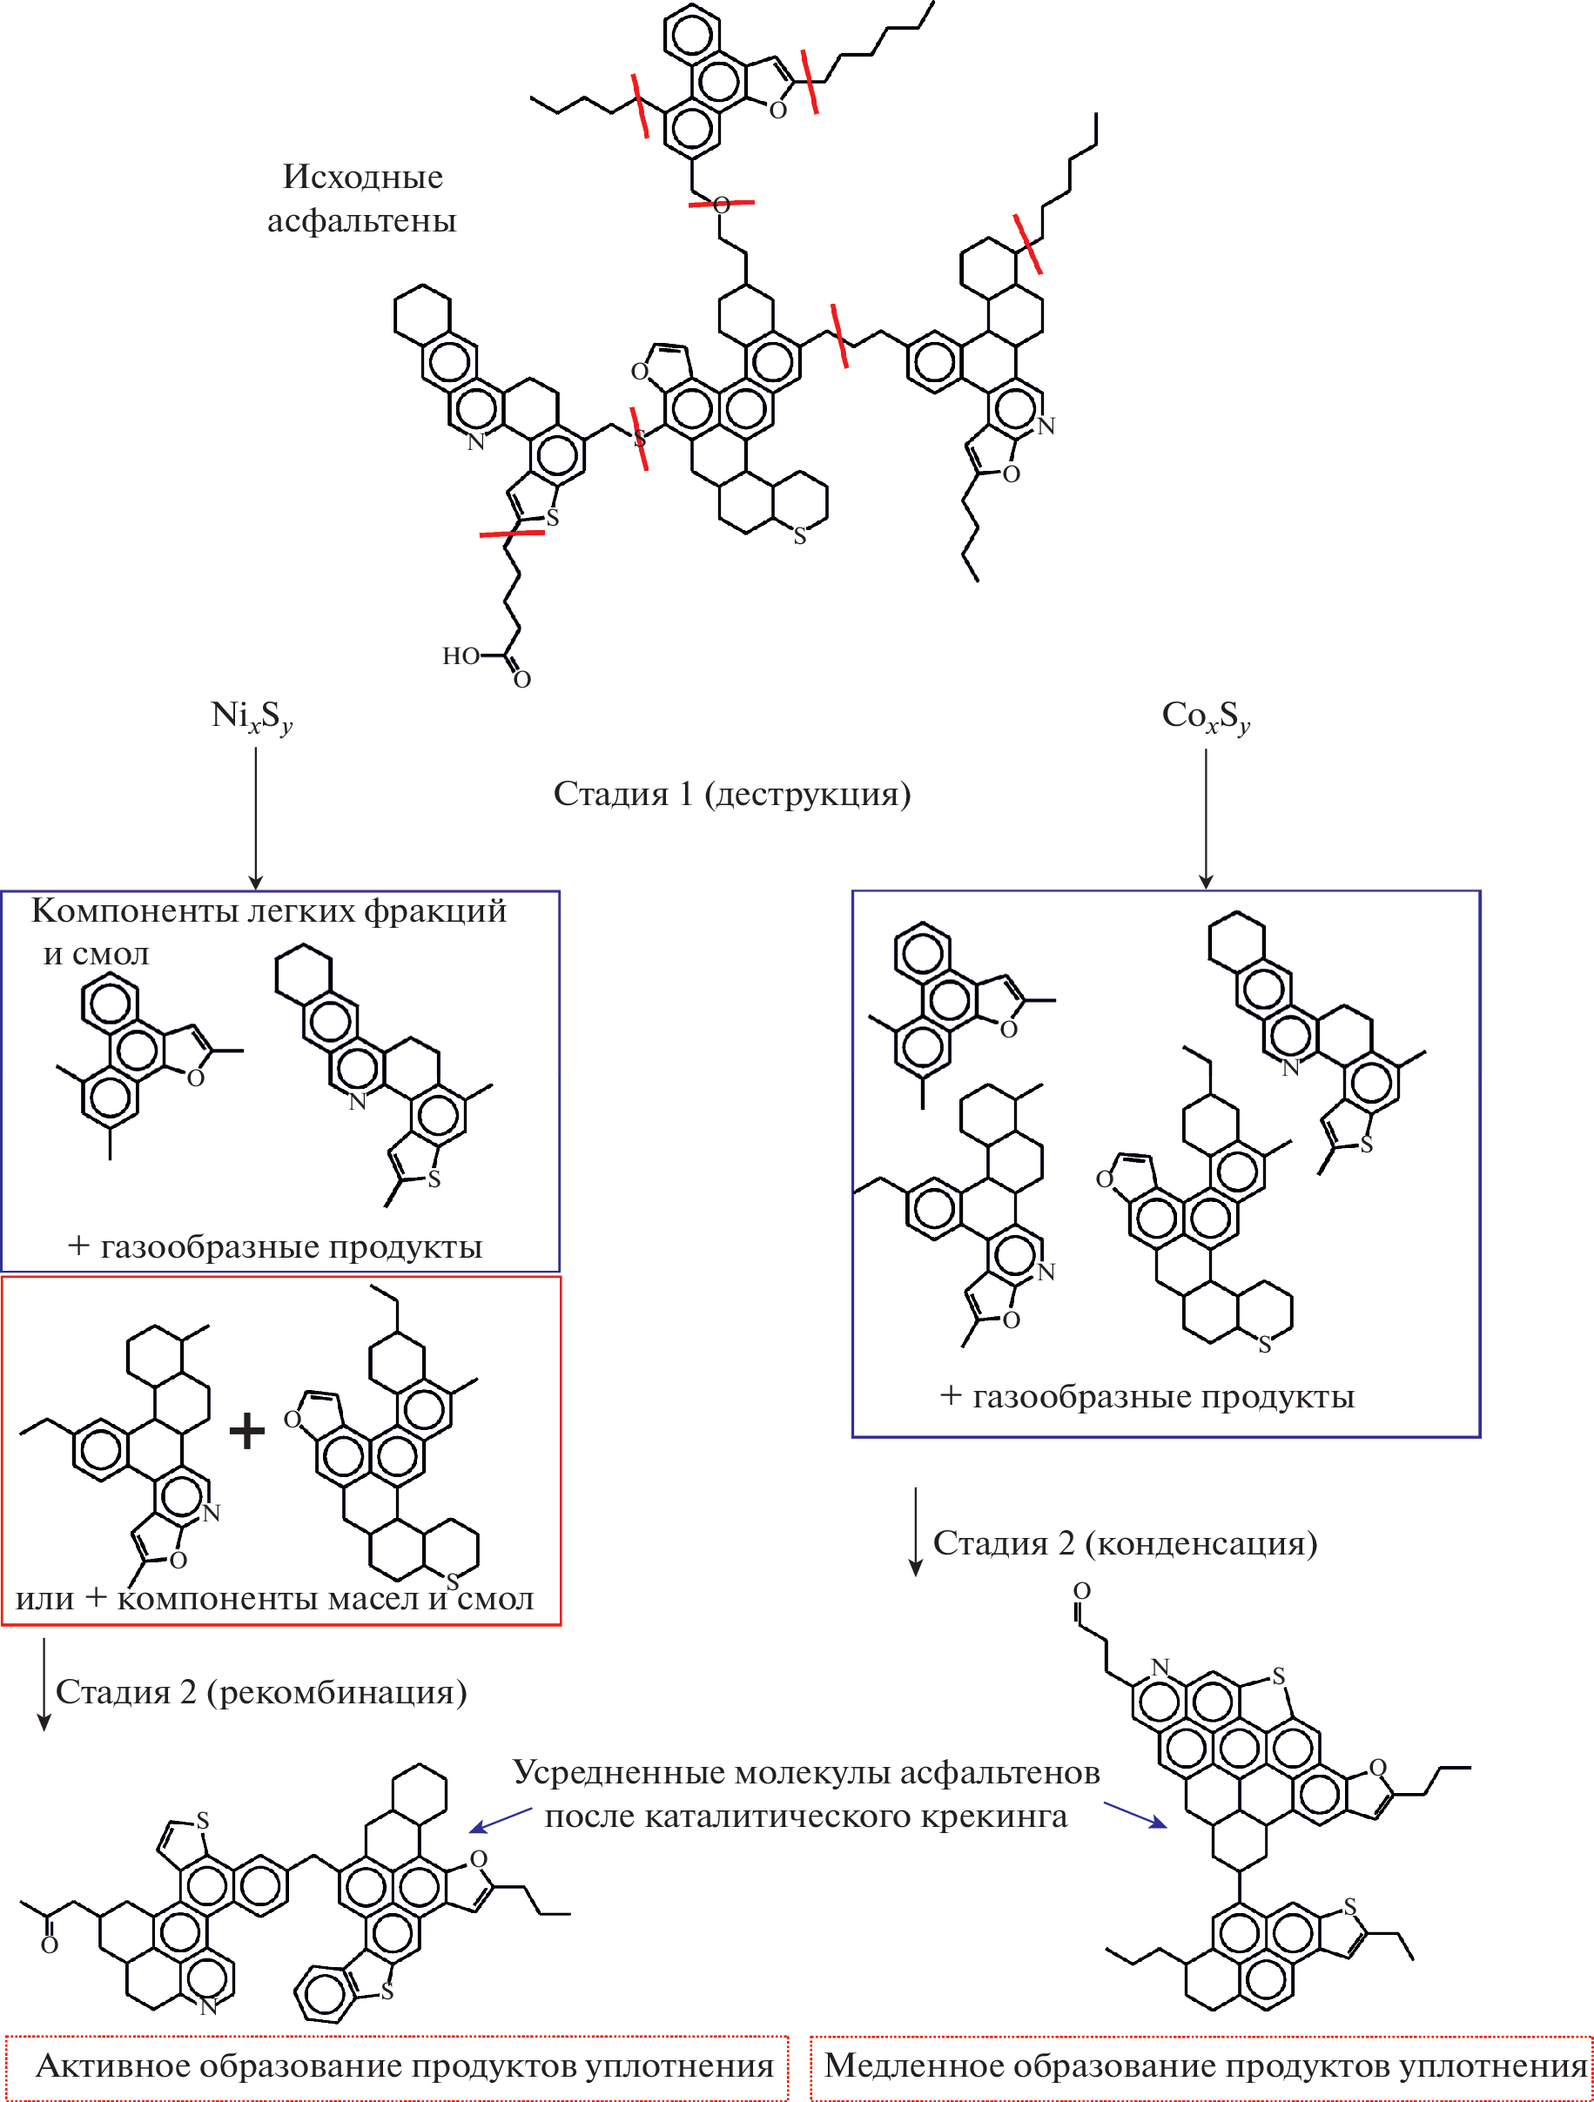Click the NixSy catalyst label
click(251, 716)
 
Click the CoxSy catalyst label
click(1205, 716)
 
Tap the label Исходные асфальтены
click(362, 198)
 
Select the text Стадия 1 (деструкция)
click(732, 794)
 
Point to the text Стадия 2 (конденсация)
click(1125, 1542)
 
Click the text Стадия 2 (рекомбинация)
click(261, 1691)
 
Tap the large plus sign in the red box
click(247, 1430)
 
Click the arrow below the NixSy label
click(256, 817)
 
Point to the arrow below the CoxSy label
click(1205, 817)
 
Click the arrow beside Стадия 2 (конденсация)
click(915, 1531)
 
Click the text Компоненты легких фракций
click(269, 910)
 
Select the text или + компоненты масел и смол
click(275, 1598)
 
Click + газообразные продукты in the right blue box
click(1147, 1396)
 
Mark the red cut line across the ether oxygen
click(722, 203)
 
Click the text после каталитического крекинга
click(805, 1816)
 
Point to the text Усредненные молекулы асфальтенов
click(806, 1772)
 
